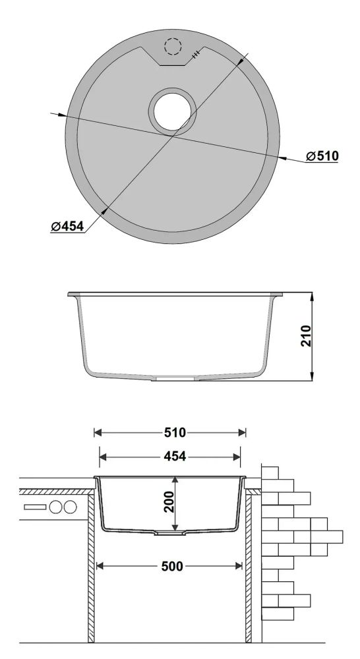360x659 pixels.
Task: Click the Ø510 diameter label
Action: (322, 156)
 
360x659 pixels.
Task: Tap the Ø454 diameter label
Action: (67, 227)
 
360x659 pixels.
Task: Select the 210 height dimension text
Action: (306, 335)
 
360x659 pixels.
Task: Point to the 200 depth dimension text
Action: (169, 501)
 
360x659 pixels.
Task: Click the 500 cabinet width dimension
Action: (172, 567)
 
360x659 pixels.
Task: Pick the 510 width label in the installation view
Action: (175, 432)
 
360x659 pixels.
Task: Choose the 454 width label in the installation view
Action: (175, 456)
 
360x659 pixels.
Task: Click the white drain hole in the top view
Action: (173, 112)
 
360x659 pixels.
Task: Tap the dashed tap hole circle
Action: (173, 46)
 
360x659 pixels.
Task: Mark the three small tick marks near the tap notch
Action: (196, 55)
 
